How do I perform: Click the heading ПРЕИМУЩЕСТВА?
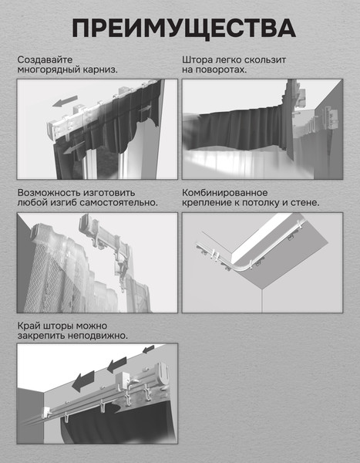pos(183,29)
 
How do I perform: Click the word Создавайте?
pos(45,59)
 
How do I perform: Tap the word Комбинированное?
pos(225,193)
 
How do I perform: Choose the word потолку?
pos(261,203)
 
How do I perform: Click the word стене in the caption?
pos(304,203)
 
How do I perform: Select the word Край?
pos(29,326)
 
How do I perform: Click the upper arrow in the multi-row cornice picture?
pos(65,101)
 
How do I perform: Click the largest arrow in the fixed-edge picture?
pos(83,380)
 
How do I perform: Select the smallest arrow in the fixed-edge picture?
pos(149,350)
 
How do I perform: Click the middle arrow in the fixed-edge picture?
pos(116,365)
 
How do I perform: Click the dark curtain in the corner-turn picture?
pos(236,130)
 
